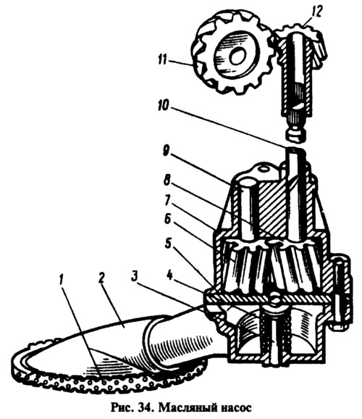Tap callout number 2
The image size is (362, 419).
click(101, 280)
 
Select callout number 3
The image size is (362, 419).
click(135, 278)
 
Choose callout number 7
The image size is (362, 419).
click(167, 200)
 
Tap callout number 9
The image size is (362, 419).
click(166, 154)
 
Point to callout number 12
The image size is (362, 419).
click(316, 12)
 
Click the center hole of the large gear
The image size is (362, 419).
click(237, 57)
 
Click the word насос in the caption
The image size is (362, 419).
click(236, 409)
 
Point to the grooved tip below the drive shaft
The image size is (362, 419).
click(298, 133)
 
